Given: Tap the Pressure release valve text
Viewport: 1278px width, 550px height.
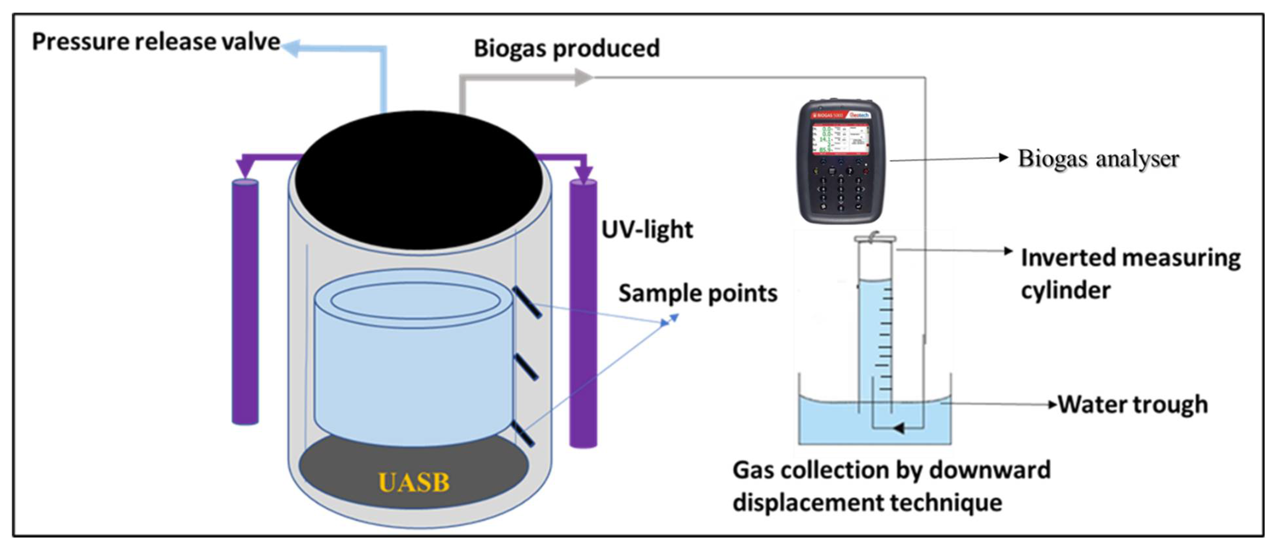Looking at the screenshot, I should coord(156,42).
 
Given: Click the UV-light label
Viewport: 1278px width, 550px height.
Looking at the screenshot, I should coord(647,230).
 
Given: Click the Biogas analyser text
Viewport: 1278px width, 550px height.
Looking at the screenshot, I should coord(1098,159).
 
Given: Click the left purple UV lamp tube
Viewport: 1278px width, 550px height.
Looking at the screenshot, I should coord(245,303).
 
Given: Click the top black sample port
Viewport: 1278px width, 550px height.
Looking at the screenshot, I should coord(527,302).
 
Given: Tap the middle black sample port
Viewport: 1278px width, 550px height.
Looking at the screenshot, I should coord(526,367).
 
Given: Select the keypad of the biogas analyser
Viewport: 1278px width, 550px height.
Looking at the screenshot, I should coord(840,191).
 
